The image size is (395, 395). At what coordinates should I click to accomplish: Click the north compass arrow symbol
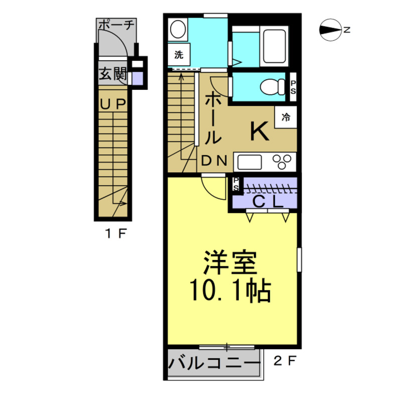coord(330,30)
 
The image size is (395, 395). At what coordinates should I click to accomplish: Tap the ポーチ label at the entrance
coord(116,25)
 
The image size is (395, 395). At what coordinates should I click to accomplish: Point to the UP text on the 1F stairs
coord(113,104)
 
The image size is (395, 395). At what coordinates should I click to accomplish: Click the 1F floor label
coord(114,233)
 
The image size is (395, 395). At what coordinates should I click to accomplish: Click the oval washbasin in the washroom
coord(177,30)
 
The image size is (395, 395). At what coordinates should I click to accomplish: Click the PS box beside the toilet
coord(294,87)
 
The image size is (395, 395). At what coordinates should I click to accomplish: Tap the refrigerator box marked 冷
coord(286,118)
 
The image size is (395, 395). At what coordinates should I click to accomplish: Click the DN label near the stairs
coord(215,161)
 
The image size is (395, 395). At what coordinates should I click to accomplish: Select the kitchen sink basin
coord(249,162)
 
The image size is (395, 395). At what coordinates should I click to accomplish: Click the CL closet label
coord(266,201)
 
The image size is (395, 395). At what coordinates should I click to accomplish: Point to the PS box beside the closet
coord(236,184)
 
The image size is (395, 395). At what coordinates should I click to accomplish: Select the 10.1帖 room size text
coord(230,290)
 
